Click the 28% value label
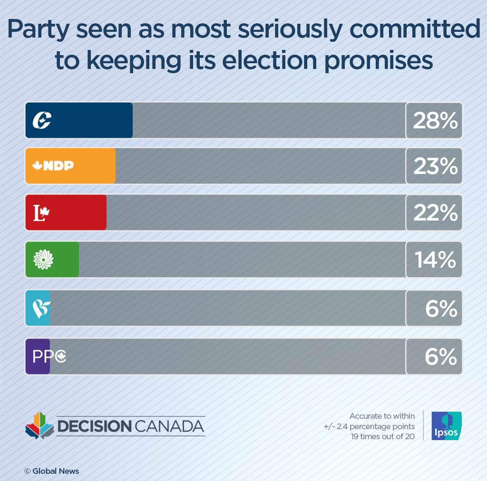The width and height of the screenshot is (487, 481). click(435, 121)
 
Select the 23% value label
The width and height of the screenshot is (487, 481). click(435, 166)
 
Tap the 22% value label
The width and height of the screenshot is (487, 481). click(435, 213)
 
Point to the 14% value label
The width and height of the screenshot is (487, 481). click(435, 260)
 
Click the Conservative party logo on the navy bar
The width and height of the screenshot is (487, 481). click(42, 120)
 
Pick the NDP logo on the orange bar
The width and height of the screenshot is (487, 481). click(53, 166)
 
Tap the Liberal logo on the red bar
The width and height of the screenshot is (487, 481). click(41, 213)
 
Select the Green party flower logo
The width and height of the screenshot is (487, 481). click(43, 260)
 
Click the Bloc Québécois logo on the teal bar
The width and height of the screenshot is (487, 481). click(40, 308)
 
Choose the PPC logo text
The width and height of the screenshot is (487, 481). click(49, 356)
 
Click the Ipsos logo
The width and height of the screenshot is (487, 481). click(446, 425)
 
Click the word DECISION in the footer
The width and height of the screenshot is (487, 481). click(94, 426)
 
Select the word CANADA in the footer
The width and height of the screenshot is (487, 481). click(169, 426)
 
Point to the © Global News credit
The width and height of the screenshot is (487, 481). click(52, 471)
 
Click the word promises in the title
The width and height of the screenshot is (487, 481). click(378, 61)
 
